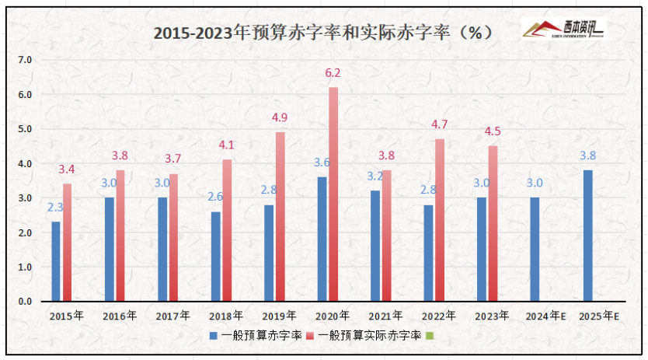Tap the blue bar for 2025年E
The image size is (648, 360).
click(x=587, y=236)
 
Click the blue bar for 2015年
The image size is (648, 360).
click(x=56, y=261)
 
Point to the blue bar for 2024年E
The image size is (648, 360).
click(x=535, y=249)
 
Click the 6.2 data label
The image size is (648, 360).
click(x=333, y=73)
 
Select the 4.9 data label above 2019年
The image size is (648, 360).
click(x=280, y=118)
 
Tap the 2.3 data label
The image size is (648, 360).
click(x=55, y=208)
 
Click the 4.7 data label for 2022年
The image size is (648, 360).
click(x=439, y=124)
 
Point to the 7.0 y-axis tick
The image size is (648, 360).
click(x=25, y=60)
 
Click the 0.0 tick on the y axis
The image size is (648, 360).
click(x=25, y=301)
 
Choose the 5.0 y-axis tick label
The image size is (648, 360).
click(x=25, y=129)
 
